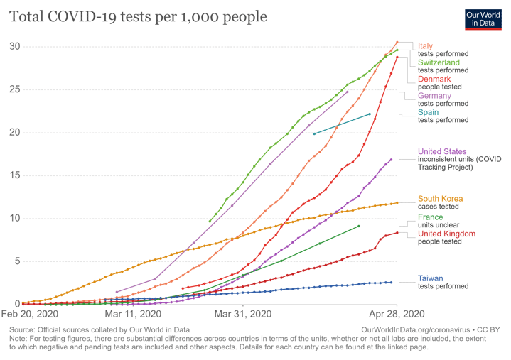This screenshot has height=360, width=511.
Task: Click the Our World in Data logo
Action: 484,18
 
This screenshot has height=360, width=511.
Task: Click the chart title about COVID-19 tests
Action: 138,16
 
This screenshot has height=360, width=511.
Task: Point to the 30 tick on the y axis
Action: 14,47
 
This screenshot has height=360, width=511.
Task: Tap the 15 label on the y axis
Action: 14,175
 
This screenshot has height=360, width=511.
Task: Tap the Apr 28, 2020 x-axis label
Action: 397,313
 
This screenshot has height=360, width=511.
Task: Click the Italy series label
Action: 425,46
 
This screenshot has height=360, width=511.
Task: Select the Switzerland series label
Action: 439,62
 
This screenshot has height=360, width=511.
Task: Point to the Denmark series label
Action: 434,79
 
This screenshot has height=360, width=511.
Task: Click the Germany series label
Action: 434,96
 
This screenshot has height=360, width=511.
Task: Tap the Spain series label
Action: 428,112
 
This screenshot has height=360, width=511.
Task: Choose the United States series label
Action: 442,151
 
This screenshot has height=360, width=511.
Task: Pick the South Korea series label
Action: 440,199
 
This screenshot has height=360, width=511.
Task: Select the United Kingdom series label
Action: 446,234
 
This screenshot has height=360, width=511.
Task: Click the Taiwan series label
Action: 431,278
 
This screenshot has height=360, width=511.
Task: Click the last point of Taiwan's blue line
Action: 391,282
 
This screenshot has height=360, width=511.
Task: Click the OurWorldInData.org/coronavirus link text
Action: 422,330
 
